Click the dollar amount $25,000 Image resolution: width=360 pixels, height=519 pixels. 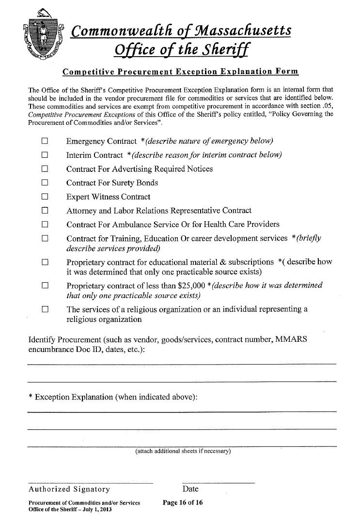pos(191,286)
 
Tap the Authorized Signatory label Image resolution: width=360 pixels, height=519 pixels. pos(69,489)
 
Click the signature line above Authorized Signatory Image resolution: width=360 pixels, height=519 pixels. pos(90,483)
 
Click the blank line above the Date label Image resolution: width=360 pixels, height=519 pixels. pos(219,483)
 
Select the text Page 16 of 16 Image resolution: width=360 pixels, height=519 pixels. pos(183,503)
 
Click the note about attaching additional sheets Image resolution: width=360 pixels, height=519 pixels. pos(183,452)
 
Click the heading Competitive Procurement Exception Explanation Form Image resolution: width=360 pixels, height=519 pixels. pos(180,72)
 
